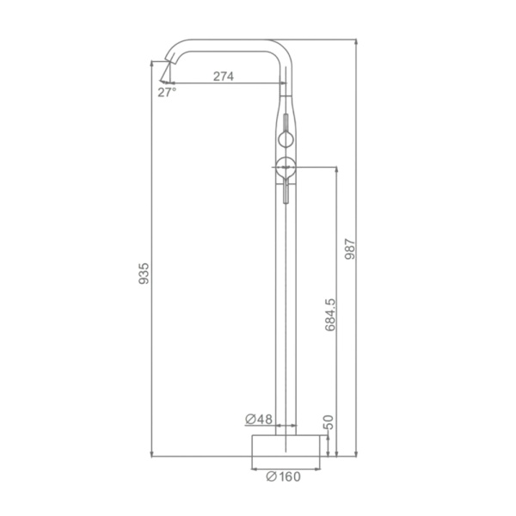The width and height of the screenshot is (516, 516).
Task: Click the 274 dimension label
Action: pos(224,77)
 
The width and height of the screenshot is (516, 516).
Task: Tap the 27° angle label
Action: pos(167,93)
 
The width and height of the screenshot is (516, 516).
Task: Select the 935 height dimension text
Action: pos(144,273)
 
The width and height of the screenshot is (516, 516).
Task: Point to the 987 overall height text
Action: pos(350,249)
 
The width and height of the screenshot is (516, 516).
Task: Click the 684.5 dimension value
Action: pos(330,315)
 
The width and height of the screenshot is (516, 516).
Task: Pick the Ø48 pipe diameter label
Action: pos(259,419)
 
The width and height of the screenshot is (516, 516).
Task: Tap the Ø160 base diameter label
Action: pos(283,476)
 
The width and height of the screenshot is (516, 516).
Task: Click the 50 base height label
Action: pos(329,422)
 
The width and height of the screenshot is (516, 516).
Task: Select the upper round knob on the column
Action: pos(286,138)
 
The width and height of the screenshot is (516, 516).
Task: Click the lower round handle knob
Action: pos(285,168)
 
